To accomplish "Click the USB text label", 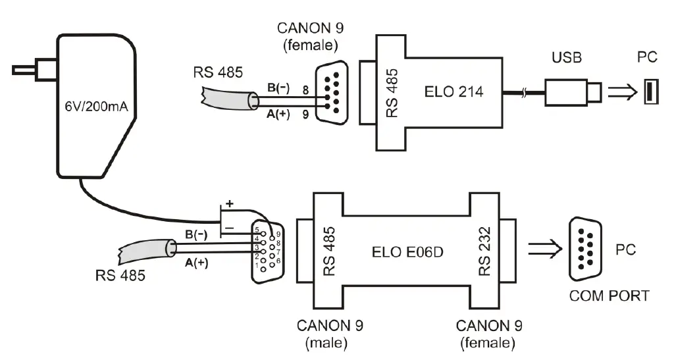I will (566, 59).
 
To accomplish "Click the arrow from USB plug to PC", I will (620, 91).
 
